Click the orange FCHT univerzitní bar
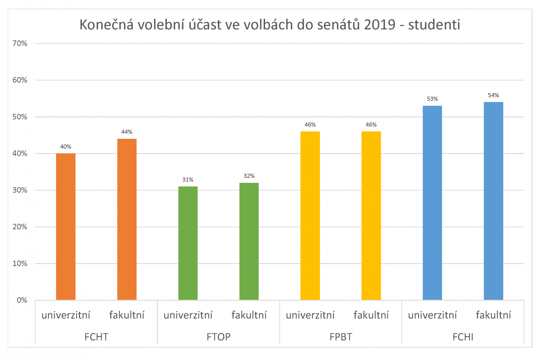coord(66,227)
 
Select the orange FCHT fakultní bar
coord(127,219)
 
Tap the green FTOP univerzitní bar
coord(188,243)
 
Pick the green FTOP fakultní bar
coord(249,241)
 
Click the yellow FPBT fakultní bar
coord(371,216)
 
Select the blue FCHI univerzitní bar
coord(432,203)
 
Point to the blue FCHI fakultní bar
coord(493,201)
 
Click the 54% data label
coord(493,95)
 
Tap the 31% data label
coord(188,180)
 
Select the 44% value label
coord(127,132)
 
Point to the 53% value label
coord(432,99)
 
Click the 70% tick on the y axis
coord(20,43)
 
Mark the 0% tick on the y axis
coord(22,300)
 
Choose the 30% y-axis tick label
coord(20,190)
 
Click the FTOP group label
coord(218,337)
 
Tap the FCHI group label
coord(463,337)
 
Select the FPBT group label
coord(341,337)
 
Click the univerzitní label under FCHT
coord(66,315)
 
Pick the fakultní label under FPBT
coord(371,315)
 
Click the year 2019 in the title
coord(379,25)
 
